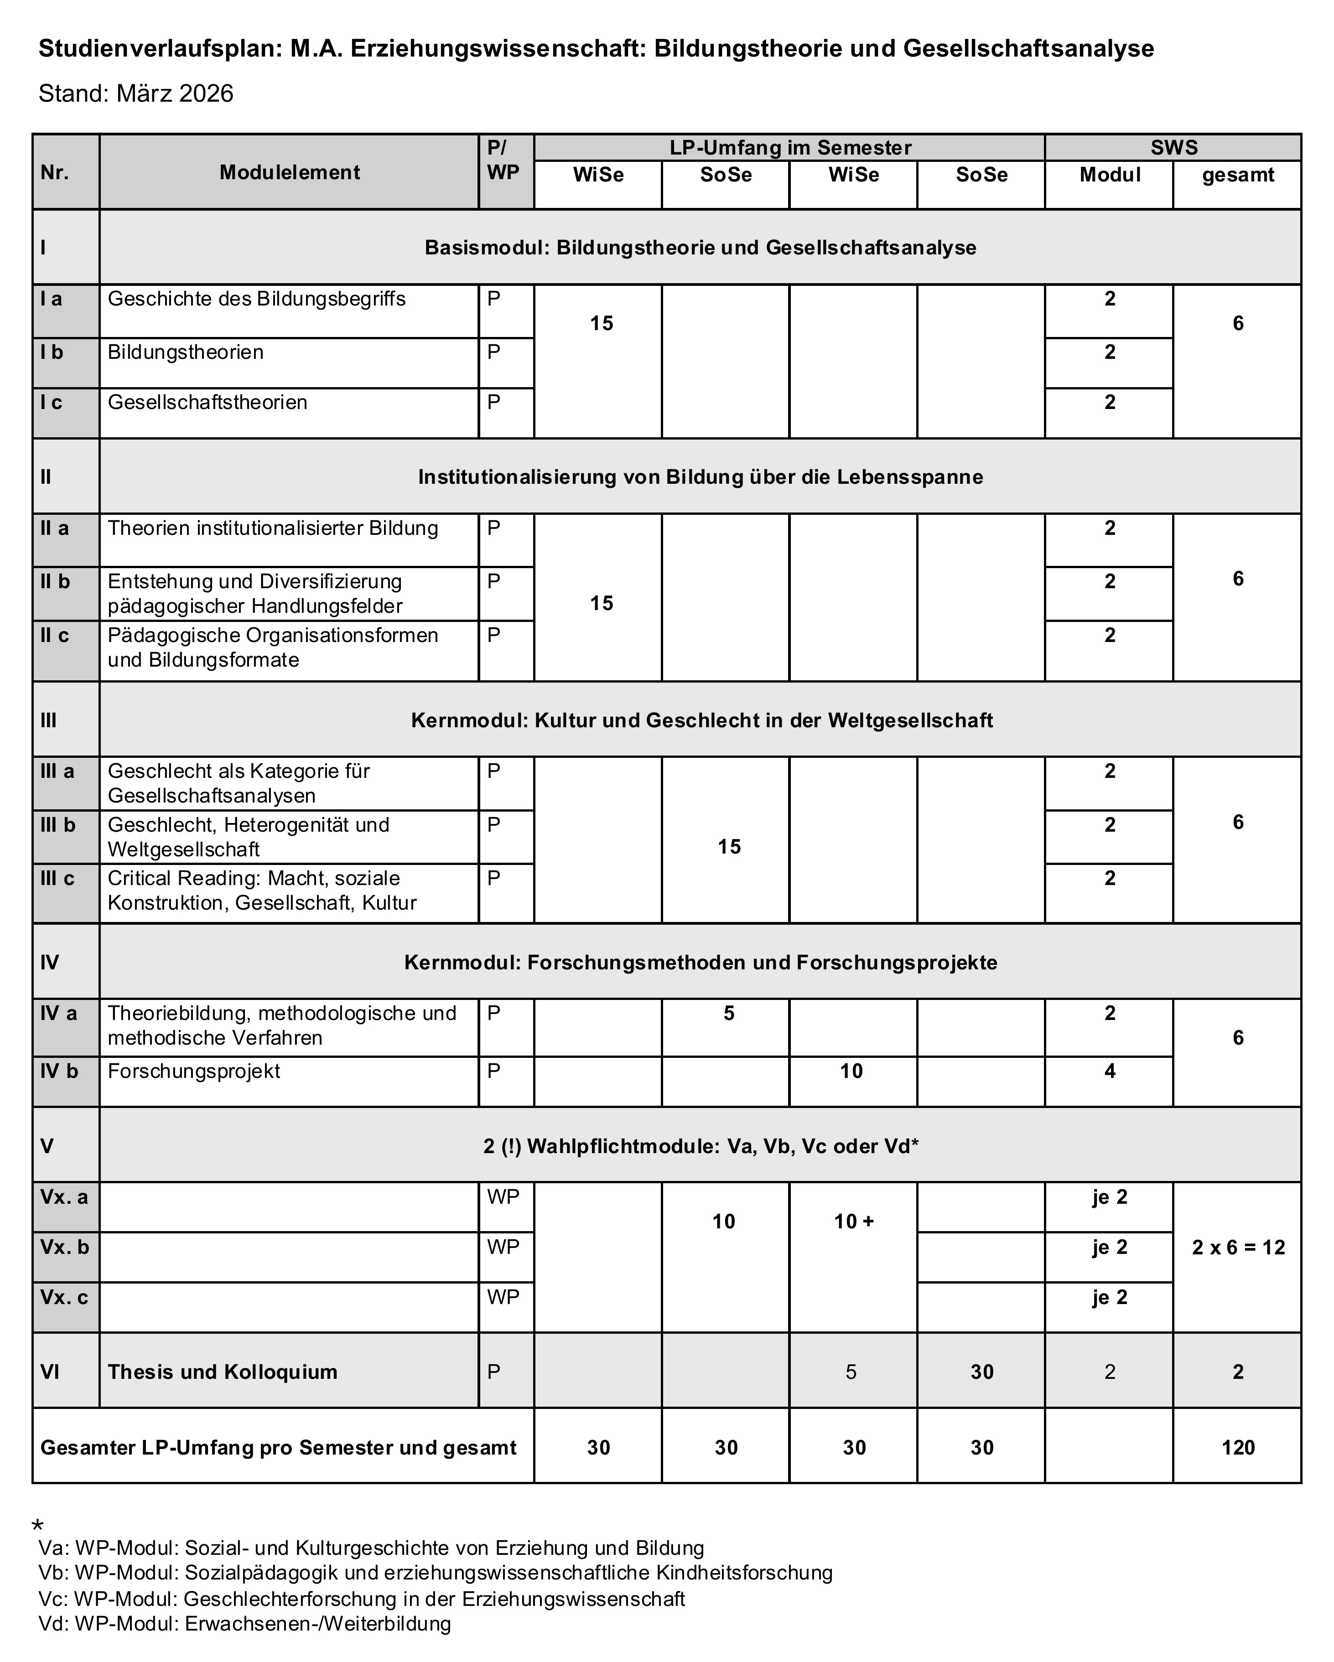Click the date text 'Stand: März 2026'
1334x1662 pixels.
click(x=136, y=93)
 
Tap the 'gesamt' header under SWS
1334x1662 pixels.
click(x=1238, y=175)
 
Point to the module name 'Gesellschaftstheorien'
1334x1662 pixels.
click(x=208, y=403)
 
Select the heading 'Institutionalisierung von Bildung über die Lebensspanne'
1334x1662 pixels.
click(x=700, y=477)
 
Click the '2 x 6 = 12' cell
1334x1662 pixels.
click(x=1238, y=1247)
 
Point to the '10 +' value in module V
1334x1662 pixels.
click(x=854, y=1221)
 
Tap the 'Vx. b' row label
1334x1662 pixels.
click(x=65, y=1247)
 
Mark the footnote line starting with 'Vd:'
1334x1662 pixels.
click(x=244, y=1623)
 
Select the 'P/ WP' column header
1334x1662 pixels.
click(x=503, y=161)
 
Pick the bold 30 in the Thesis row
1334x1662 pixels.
click(x=981, y=1372)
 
